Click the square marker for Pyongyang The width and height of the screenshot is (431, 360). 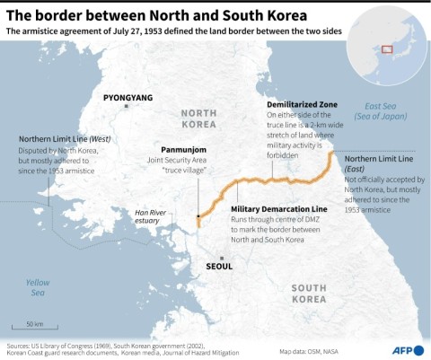click(128, 106)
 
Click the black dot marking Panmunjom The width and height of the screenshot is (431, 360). click(198, 216)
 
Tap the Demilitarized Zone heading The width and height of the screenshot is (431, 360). click(301, 103)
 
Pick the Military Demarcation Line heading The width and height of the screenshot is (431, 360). click(281, 208)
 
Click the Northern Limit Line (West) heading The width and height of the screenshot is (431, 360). click(64, 140)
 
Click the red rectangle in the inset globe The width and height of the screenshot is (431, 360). click(387, 49)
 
